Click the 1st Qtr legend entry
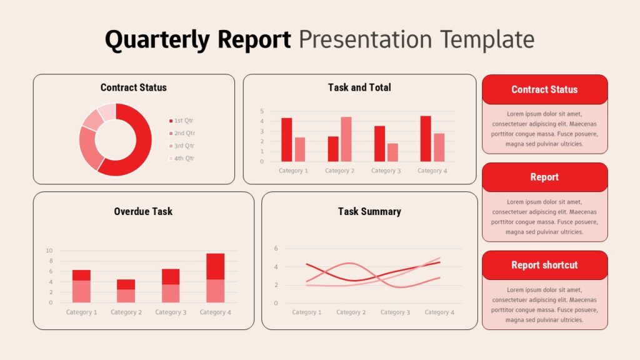[184, 121]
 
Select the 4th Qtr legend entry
[184, 158]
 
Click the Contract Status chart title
[133, 87]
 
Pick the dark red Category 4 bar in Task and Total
[426, 139]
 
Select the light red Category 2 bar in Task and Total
[346, 139]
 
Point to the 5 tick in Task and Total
[262, 111]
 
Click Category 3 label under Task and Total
[386, 171]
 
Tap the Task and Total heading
[359, 87]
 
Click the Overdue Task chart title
[143, 211]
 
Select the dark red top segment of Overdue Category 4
[216, 266]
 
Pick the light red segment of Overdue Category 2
[126, 296]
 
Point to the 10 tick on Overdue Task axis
[49, 251]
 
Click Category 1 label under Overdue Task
[82, 312]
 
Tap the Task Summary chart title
[369, 211]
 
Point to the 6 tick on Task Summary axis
[276, 248]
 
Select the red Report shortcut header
[544, 265]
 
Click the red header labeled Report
[544, 177]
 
